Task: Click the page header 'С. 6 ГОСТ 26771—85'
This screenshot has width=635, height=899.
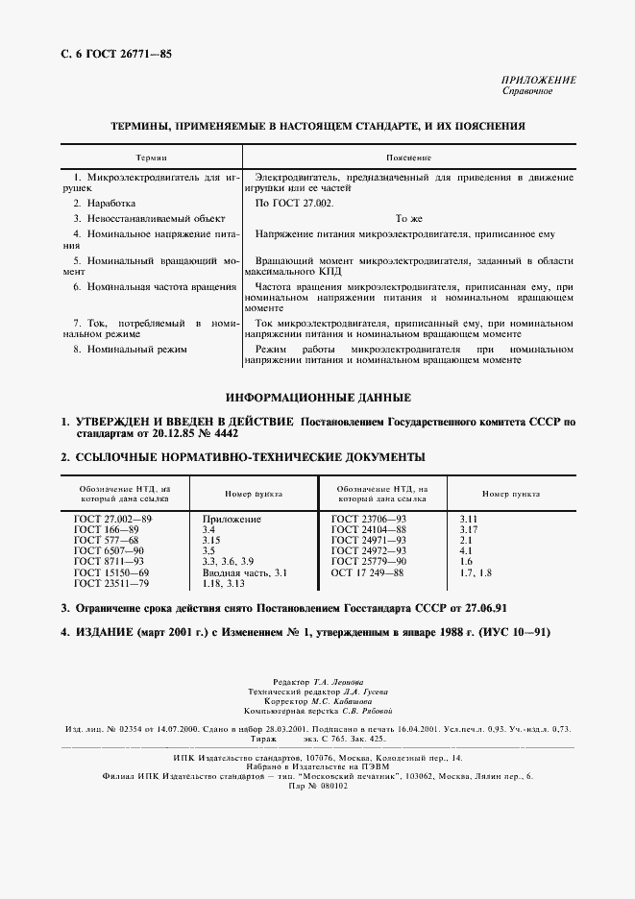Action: [110, 56]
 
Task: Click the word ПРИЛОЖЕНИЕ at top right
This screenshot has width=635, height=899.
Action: [539, 80]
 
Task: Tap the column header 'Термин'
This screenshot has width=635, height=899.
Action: [151, 157]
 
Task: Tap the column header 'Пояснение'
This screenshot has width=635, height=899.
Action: [408, 157]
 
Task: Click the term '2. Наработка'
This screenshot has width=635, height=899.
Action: [105, 204]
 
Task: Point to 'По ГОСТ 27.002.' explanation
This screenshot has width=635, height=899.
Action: [295, 204]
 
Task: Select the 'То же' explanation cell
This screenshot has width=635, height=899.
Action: [409, 218]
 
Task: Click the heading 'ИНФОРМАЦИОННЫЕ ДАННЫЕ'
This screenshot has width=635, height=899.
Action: [318, 398]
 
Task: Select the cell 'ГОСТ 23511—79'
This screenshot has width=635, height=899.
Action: [110, 582]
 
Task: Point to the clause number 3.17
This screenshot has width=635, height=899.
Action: [470, 529]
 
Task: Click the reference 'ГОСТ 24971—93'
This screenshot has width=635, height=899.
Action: [368, 540]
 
